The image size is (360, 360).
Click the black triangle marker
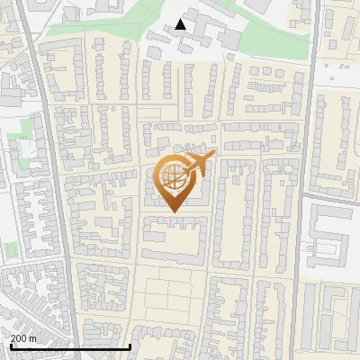181,24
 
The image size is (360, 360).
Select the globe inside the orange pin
173,178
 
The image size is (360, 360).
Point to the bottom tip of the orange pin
173,212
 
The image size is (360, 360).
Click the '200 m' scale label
23,338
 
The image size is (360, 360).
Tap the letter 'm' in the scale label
33,338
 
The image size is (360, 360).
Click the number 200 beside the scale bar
19,338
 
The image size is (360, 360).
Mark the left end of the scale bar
9,346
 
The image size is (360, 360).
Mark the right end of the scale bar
131,346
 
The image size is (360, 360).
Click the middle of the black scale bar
70,346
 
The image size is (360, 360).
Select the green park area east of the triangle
270,36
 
